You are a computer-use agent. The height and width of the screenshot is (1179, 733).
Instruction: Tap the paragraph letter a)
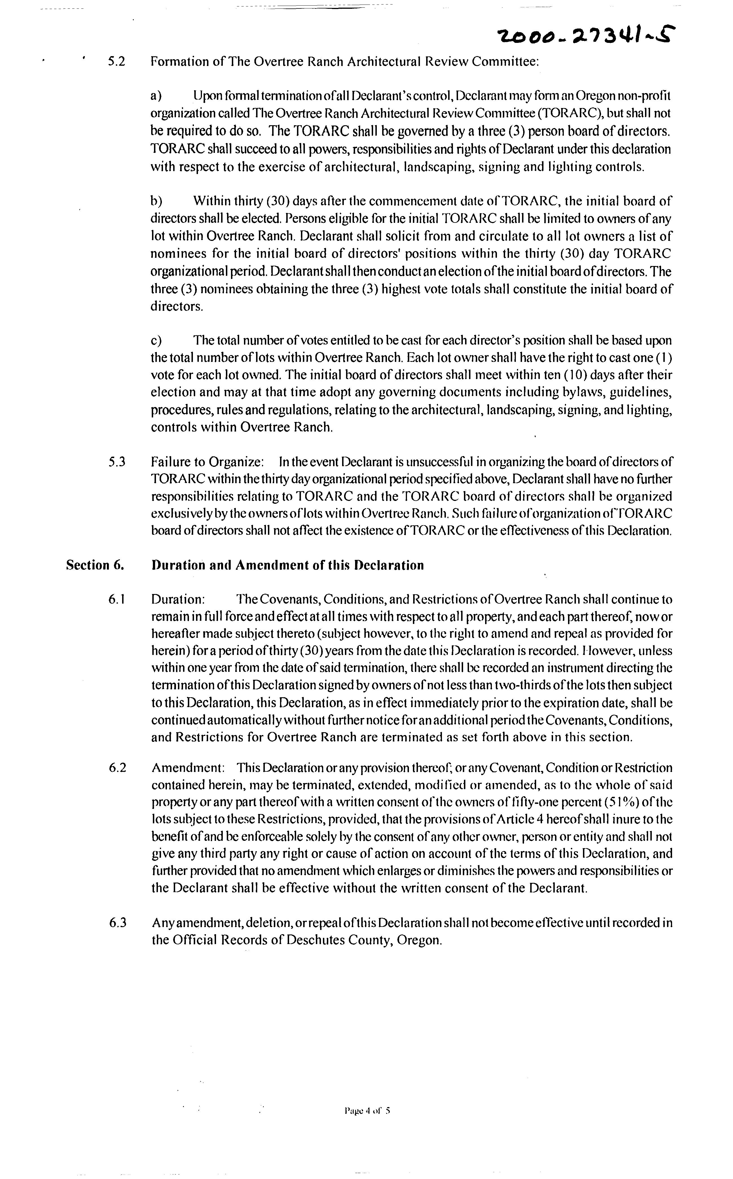click(156, 96)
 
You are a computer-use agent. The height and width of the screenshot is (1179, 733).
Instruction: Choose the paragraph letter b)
click(156, 201)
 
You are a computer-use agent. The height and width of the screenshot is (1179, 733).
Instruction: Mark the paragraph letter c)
click(156, 340)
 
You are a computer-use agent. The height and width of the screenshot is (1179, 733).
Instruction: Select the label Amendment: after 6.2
click(188, 768)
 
